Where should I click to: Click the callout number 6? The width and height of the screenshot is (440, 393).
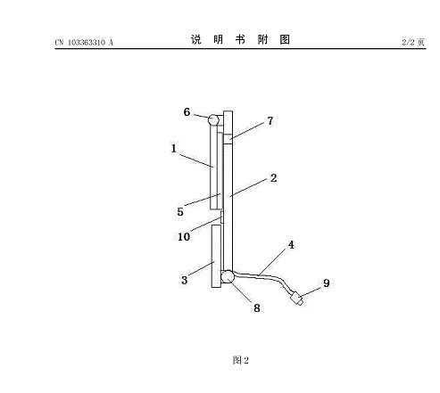187,112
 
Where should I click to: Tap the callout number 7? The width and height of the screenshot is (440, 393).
270,121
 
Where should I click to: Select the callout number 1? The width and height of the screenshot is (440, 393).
174,148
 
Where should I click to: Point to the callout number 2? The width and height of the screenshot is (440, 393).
273,178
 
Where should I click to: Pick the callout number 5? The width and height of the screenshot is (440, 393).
180,212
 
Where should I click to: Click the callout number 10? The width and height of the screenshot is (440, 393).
184,237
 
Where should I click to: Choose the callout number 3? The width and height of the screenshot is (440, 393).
184,280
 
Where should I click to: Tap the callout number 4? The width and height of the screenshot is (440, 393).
291,245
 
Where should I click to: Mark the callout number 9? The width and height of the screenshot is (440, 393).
327,282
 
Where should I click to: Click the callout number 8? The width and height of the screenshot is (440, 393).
257,308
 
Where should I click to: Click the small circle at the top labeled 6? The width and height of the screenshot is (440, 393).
213,120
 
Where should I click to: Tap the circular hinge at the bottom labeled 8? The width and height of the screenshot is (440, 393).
228,276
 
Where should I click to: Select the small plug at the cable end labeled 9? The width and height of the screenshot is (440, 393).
297,299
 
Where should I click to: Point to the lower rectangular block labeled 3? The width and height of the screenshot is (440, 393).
216,256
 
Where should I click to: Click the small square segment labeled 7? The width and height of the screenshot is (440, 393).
228,139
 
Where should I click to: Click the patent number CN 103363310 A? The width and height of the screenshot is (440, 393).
84,43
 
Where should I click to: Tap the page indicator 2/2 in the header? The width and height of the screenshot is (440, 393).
413,42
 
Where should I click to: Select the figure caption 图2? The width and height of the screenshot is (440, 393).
240,360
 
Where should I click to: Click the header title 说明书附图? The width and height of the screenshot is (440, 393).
240,39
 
